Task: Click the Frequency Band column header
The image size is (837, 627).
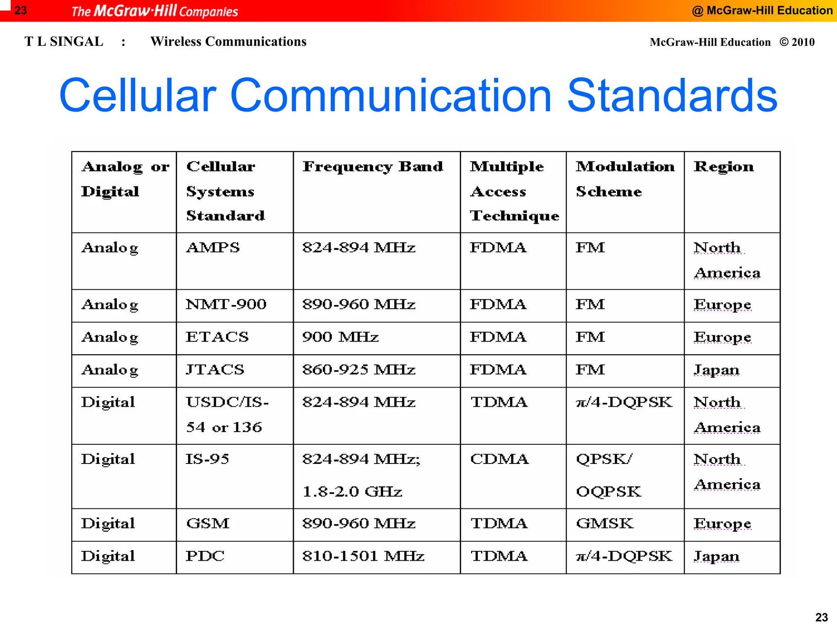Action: coord(372,167)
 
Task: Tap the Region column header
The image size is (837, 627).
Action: coord(723,167)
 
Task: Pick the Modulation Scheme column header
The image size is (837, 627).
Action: coord(624,179)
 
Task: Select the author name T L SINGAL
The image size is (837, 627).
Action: coord(64,42)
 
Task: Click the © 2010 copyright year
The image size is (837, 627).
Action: coord(797,42)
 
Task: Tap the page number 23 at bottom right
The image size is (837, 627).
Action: coord(821,617)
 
